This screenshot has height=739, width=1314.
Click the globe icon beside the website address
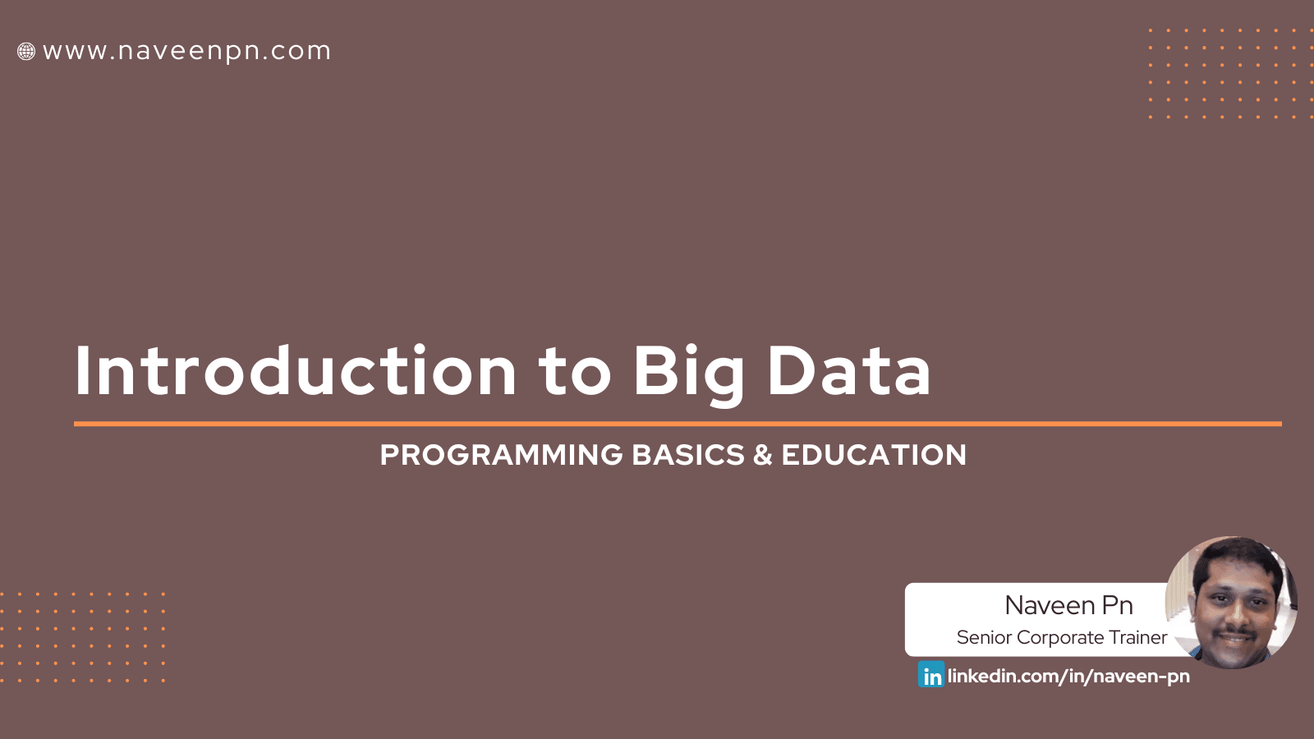[26, 52]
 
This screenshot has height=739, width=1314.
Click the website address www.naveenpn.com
[186, 51]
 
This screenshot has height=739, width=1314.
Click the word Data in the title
[848, 371]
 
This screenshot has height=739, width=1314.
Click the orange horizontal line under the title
[678, 424]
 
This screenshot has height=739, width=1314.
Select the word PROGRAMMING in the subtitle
[501, 455]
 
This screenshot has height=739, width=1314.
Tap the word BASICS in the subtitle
[688, 455]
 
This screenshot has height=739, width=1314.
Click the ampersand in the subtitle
[763, 455]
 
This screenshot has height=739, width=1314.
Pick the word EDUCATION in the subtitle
[874, 455]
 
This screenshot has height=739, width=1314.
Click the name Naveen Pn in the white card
[1068, 605]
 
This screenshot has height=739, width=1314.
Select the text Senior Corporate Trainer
[1061, 637]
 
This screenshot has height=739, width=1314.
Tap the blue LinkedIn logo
[931, 675]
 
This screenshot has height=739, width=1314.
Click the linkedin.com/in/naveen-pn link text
[1068, 676]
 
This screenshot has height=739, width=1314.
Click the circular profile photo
[1232, 602]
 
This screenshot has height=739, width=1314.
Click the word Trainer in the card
[1138, 637]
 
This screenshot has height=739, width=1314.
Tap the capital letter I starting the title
[81, 371]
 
